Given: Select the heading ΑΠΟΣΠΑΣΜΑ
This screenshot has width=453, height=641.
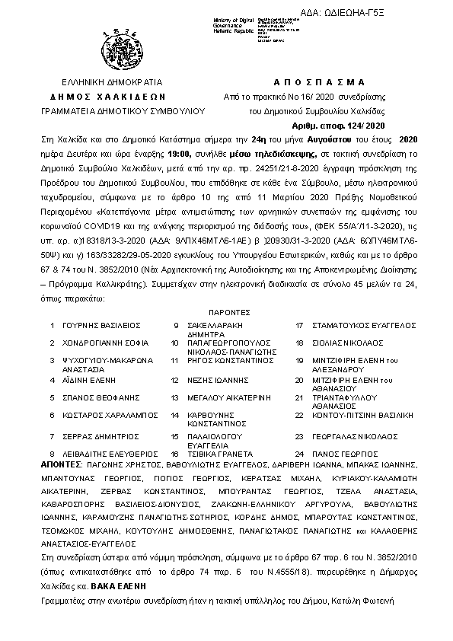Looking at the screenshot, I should pos(318,82).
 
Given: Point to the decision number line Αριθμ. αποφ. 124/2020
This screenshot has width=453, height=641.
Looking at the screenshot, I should pos(340,126).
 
